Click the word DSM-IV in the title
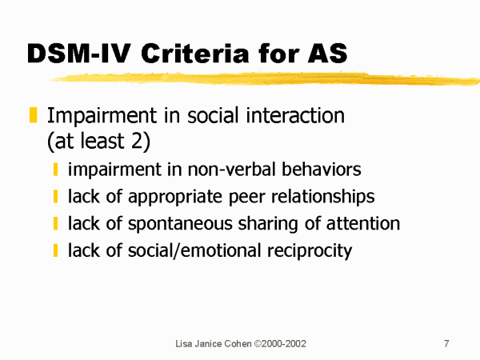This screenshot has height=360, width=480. coord(79,54)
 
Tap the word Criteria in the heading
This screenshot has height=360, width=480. coord(194,54)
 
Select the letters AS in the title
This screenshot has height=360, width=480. coord(328,54)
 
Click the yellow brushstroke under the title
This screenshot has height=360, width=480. coord(264,78)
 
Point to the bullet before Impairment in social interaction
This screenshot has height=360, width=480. coord(33,114)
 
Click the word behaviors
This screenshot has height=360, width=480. coord(322,170)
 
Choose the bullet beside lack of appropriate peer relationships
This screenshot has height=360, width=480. coord(55,196)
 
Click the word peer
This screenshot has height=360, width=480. coord(247,198)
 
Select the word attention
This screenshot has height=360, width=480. coord(363,223)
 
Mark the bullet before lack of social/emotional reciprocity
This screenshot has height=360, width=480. coord(55,250)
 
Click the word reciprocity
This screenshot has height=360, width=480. coord(310,251)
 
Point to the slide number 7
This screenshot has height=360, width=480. coord(446,344)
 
